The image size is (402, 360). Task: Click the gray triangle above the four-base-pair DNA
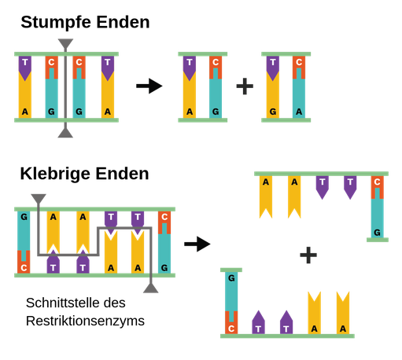(x=66, y=43)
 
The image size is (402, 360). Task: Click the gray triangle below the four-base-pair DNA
(x=66, y=132)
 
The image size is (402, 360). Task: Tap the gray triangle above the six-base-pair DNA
(x=38, y=199)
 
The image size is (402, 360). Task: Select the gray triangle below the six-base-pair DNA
(x=150, y=288)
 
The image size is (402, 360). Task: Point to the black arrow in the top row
(x=149, y=86)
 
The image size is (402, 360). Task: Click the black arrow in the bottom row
(x=197, y=244)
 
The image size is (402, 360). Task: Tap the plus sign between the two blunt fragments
(x=245, y=86)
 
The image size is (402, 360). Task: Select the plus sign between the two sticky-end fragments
(x=308, y=254)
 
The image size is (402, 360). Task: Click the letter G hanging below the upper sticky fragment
(x=378, y=232)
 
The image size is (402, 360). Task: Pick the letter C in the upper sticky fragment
(x=378, y=182)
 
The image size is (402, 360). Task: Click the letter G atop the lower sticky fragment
(x=231, y=278)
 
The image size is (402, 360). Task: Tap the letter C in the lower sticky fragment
(x=231, y=328)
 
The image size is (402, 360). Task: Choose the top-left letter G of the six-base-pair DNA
(x=24, y=217)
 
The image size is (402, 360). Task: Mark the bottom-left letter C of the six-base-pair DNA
(x=24, y=267)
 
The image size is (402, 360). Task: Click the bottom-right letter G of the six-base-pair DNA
(x=164, y=267)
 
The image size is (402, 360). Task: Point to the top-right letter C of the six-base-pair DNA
(x=164, y=217)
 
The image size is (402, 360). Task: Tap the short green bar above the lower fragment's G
(x=231, y=270)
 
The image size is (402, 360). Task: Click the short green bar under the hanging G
(x=378, y=241)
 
